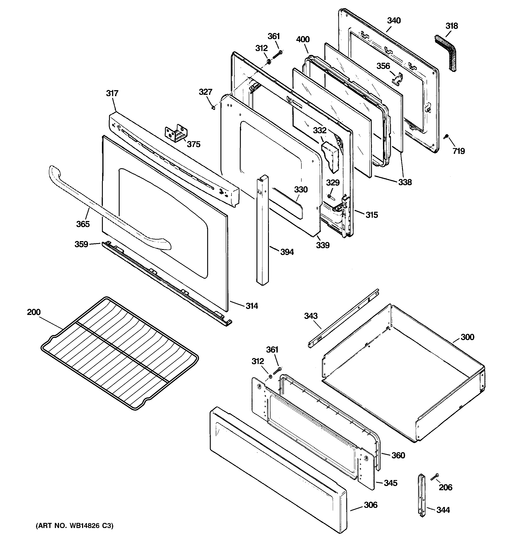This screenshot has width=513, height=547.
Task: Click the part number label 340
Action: click(x=394, y=21)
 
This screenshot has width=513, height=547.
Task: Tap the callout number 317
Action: click(x=112, y=93)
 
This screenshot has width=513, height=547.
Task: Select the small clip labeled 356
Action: click(x=397, y=79)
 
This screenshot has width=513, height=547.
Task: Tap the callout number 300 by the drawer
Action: click(x=467, y=337)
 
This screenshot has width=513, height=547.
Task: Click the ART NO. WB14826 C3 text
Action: click(x=74, y=526)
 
